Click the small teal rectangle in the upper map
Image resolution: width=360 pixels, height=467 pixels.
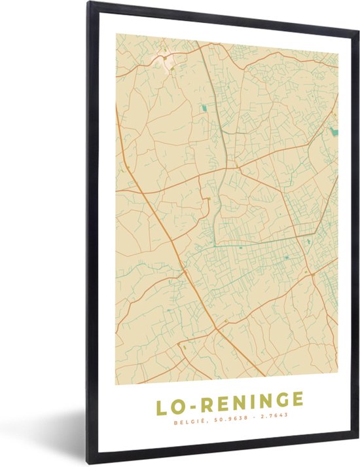(x=204, y=107)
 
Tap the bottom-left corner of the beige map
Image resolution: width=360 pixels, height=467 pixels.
(x=117, y=375)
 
